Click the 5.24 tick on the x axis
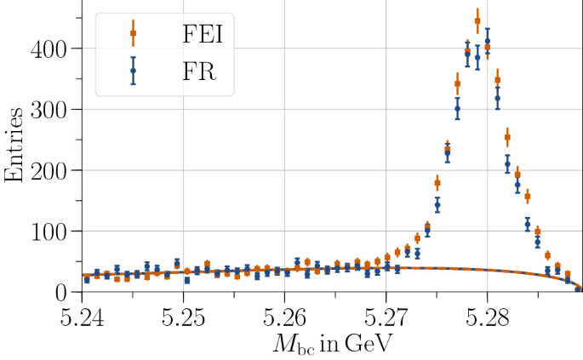tap(82, 316)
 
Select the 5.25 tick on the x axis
tap(183, 316)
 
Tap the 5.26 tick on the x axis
tap(284, 316)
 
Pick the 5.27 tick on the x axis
tap(386, 316)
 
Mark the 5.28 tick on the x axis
tap(487, 316)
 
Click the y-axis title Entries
tap(15, 147)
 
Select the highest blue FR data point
tap(488, 41)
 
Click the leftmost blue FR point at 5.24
tap(87, 279)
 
